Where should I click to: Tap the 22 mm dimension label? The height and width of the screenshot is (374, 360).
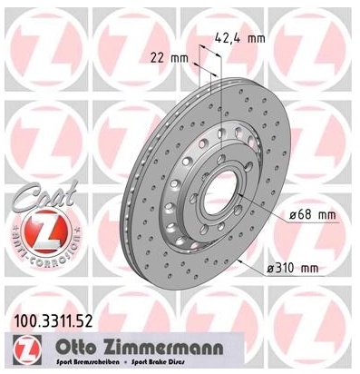[x=161, y=58]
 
